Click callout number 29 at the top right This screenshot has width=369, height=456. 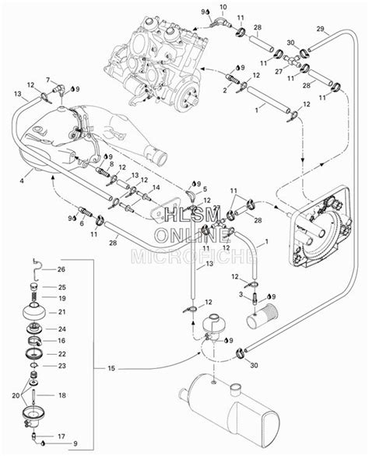[x=320, y=29]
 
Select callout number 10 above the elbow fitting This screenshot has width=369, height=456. [x=223, y=6]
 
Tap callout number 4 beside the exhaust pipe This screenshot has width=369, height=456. [x=22, y=181]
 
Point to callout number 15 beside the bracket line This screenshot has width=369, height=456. [x=111, y=369]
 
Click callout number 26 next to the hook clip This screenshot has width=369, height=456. [x=61, y=269]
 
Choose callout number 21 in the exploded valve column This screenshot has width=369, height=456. [x=62, y=312]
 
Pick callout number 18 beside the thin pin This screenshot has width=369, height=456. [x=62, y=395]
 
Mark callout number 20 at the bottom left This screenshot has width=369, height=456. [x=16, y=395]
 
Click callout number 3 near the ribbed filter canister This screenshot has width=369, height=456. [x=241, y=294]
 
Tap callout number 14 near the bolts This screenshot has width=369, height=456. [x=156, y=188]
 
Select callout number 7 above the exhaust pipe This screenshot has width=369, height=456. [x=48, y=79]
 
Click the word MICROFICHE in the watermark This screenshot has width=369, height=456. [x=195, y=256]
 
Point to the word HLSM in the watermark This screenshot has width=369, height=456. [x=192, y=216]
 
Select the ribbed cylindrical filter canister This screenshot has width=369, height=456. [x=262, y=316]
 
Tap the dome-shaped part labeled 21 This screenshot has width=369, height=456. [x=34, y=313]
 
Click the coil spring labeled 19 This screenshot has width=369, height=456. [x=34, y=297]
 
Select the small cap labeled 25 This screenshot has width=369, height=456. [x=34, y=287]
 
